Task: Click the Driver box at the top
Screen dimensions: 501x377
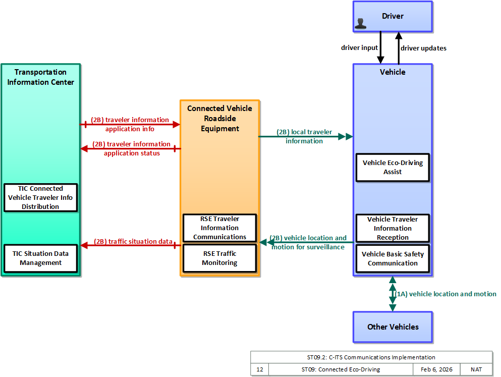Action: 393,17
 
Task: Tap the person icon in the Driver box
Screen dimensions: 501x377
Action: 360,24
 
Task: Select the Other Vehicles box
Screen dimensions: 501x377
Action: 393,327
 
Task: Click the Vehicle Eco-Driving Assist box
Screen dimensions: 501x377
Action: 393,168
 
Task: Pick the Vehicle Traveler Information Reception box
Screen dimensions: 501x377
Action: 393,228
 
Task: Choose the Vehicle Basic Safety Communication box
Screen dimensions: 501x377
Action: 393,258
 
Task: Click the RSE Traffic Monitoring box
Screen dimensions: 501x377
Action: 220,258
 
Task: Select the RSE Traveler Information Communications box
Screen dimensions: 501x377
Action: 220,228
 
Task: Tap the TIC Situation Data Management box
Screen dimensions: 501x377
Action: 40,258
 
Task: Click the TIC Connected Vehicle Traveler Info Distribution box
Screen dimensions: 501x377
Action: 40,197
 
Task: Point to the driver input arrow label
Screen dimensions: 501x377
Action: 359,47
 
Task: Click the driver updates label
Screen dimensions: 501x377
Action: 423,48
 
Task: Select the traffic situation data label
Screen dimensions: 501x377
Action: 133,242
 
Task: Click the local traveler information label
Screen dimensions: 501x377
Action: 304,136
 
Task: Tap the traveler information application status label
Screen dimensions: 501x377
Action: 132,148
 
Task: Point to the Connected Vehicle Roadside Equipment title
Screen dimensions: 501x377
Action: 220,119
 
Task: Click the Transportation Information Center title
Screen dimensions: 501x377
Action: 40,77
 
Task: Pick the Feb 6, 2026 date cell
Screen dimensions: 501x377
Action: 436,369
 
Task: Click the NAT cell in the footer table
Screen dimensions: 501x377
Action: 476,369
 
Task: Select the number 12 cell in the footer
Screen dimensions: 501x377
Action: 260,369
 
